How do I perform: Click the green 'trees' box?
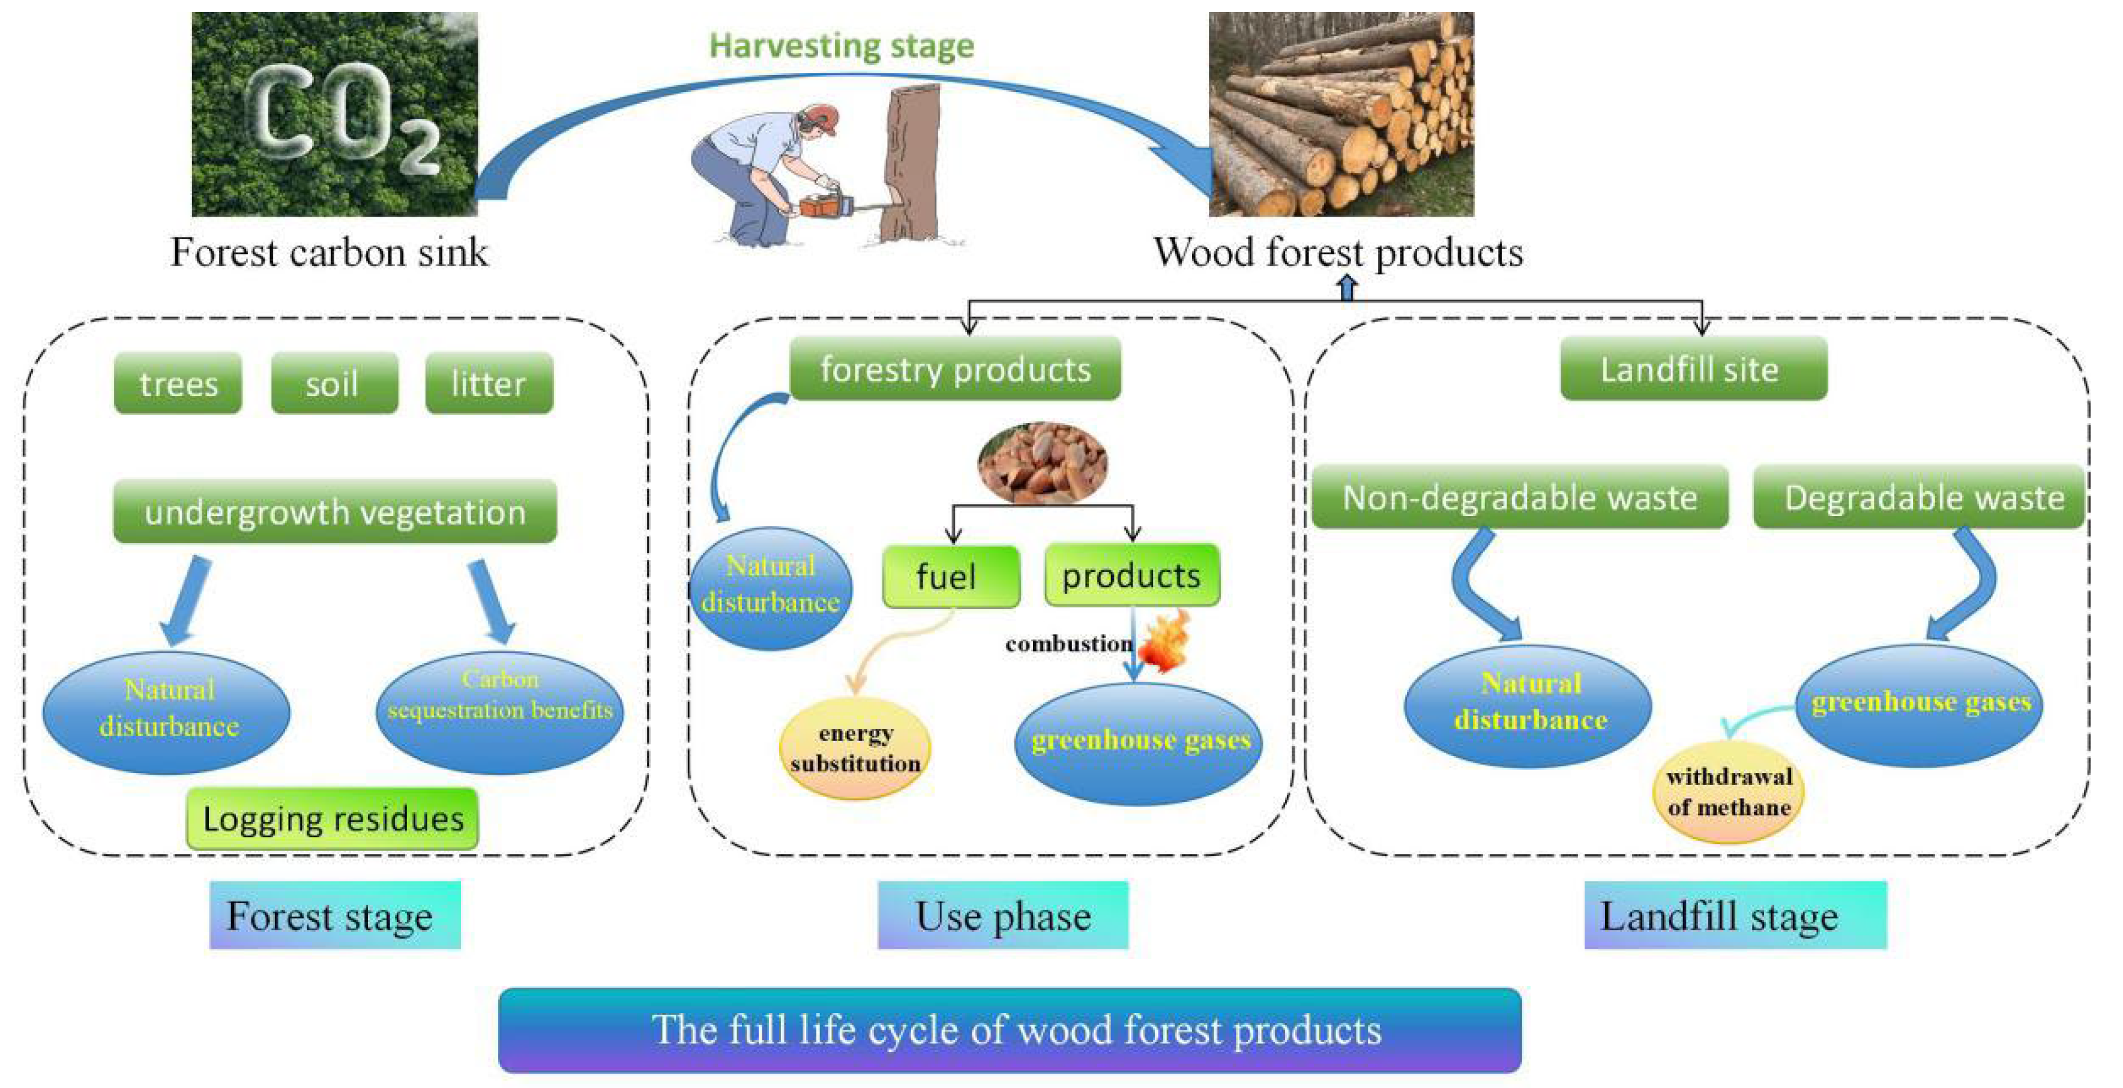coord(178,383)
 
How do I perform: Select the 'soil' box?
coord(334,383)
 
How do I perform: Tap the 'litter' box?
coord(489,383)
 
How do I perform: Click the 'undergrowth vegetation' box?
coord(334,512)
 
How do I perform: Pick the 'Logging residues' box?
coord(332,819)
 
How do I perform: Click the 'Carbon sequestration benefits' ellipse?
coord(499,711)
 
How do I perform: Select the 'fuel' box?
coord(950,576)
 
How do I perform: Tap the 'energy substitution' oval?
coord(855,748)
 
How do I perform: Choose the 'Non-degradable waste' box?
coord(1519,497)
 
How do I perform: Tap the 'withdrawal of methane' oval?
coord(1728,792)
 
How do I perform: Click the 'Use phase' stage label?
coord(1002,916)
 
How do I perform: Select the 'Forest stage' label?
coord(334,916)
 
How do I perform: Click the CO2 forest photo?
coord(334,114)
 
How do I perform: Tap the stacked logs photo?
coord(1341,114)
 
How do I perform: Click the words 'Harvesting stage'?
coord(842,46)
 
